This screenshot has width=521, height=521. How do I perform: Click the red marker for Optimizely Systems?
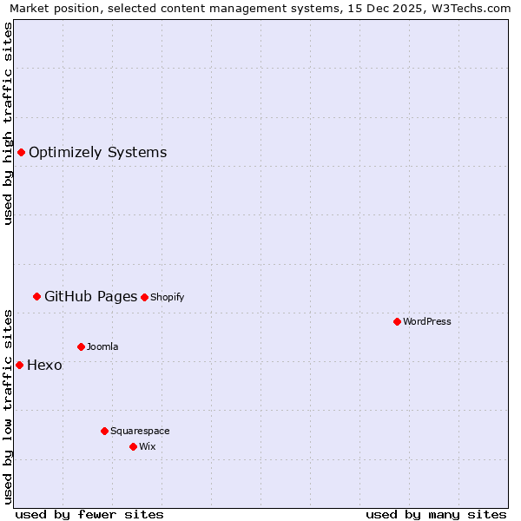click(x=21, y=153)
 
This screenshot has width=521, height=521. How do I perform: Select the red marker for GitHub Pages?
click(x=36, y=297)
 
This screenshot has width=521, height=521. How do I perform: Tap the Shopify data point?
click(x=144, y=297)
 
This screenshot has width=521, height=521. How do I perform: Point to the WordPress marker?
click(x=397, y=321)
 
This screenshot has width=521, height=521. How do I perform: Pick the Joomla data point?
click(x=81, y=346)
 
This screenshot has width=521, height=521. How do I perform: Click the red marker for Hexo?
click(x=19, y=365)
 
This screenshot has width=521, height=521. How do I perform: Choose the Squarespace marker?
click(x=104, y=431)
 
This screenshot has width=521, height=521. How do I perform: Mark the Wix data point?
click(x=133, y=446)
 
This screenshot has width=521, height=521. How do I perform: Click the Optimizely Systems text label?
click(x=97, y=153)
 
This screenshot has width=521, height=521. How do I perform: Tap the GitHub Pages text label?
click(x=90, y=297)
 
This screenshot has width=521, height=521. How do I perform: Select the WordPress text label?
click(x=427, y=321)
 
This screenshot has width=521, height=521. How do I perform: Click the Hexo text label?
click(x=44, y=366)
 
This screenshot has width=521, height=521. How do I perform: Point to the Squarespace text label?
click(x=140, y=431)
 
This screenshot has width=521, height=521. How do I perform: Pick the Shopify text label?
click(x=168, y=297)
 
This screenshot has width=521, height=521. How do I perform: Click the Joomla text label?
click(x=102, y=346)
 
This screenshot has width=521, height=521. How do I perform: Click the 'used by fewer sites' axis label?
click(x=89, y=514)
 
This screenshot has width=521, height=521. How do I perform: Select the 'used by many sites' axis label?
click(x=436, y=514)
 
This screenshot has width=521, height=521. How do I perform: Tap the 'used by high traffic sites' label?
click(x=8, y=123)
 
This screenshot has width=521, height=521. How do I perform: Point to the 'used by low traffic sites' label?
click(x=8, y=406)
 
